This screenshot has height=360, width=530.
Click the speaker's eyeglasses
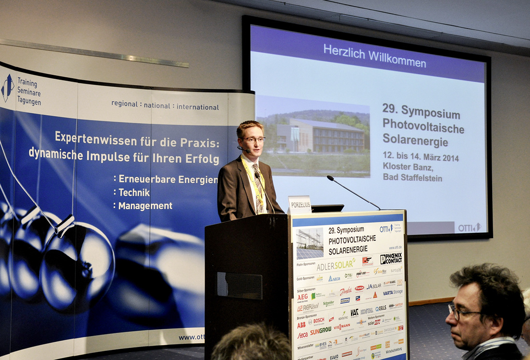pyautogui.click(x=253, y=140)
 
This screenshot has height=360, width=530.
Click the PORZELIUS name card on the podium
pyautogui.click(x=300, y=204)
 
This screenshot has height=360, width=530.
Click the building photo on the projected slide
pyautogui.click(x=313, y=136)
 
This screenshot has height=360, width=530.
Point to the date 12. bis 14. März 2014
pyautogui.click(x=421, y=157)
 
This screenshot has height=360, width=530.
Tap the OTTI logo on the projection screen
pyautogui.click(x=469, y=227)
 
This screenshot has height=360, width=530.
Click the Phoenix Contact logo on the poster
pyautogui.click(x=391, y=259)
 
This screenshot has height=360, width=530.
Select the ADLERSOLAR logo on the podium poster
pyautogui.click(x=336, y=264)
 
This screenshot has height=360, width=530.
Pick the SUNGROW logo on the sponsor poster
pyautogui.click(x=320, y=331)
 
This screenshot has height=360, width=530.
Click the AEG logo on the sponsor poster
pyautogui.click(x=302, y=297)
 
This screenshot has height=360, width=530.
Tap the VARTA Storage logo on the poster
pyautogui.click(x=393, y=292)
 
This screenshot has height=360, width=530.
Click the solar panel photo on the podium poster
pyautogui.click(x=310, y=243)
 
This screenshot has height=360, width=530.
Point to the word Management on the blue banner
pyautogui.click(x=145, y=206)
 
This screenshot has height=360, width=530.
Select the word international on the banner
pyautogui.click(x=198, y=107)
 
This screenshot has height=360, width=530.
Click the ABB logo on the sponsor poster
pyautogui.click(x=301, y=324)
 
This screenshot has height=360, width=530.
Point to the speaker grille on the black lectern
pyautogui.click(x=239, y=285)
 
